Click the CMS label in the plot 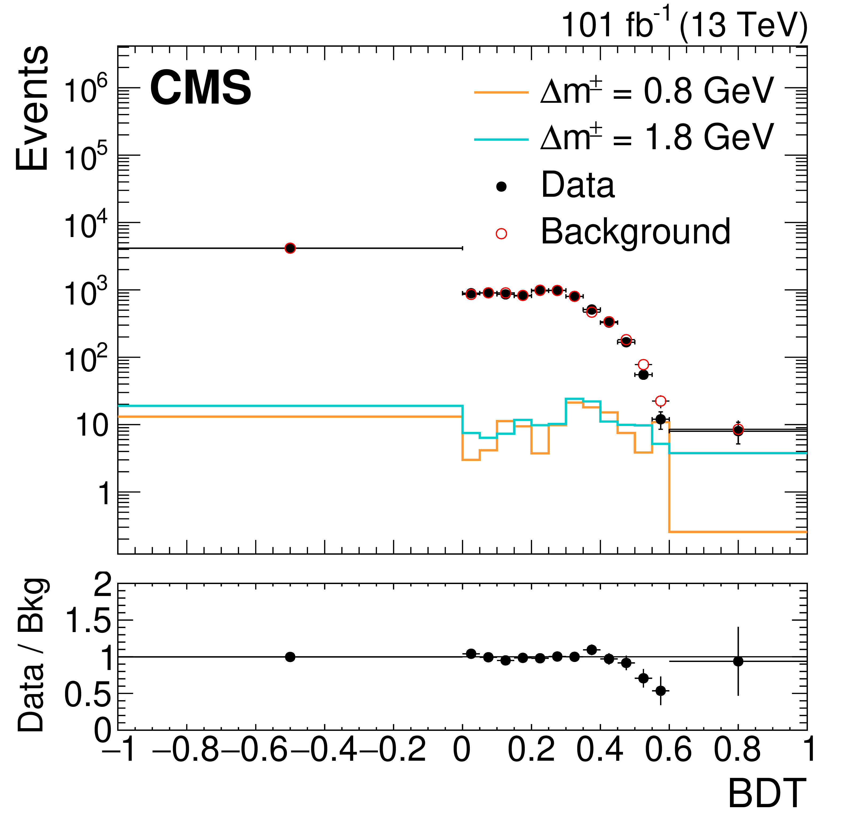[x=200, y=88]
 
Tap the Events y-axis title [x=32, y=108]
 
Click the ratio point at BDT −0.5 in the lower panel [x=290, y=657]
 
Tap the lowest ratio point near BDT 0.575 [x=661, y=691]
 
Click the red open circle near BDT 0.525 [x=643, y=365]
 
